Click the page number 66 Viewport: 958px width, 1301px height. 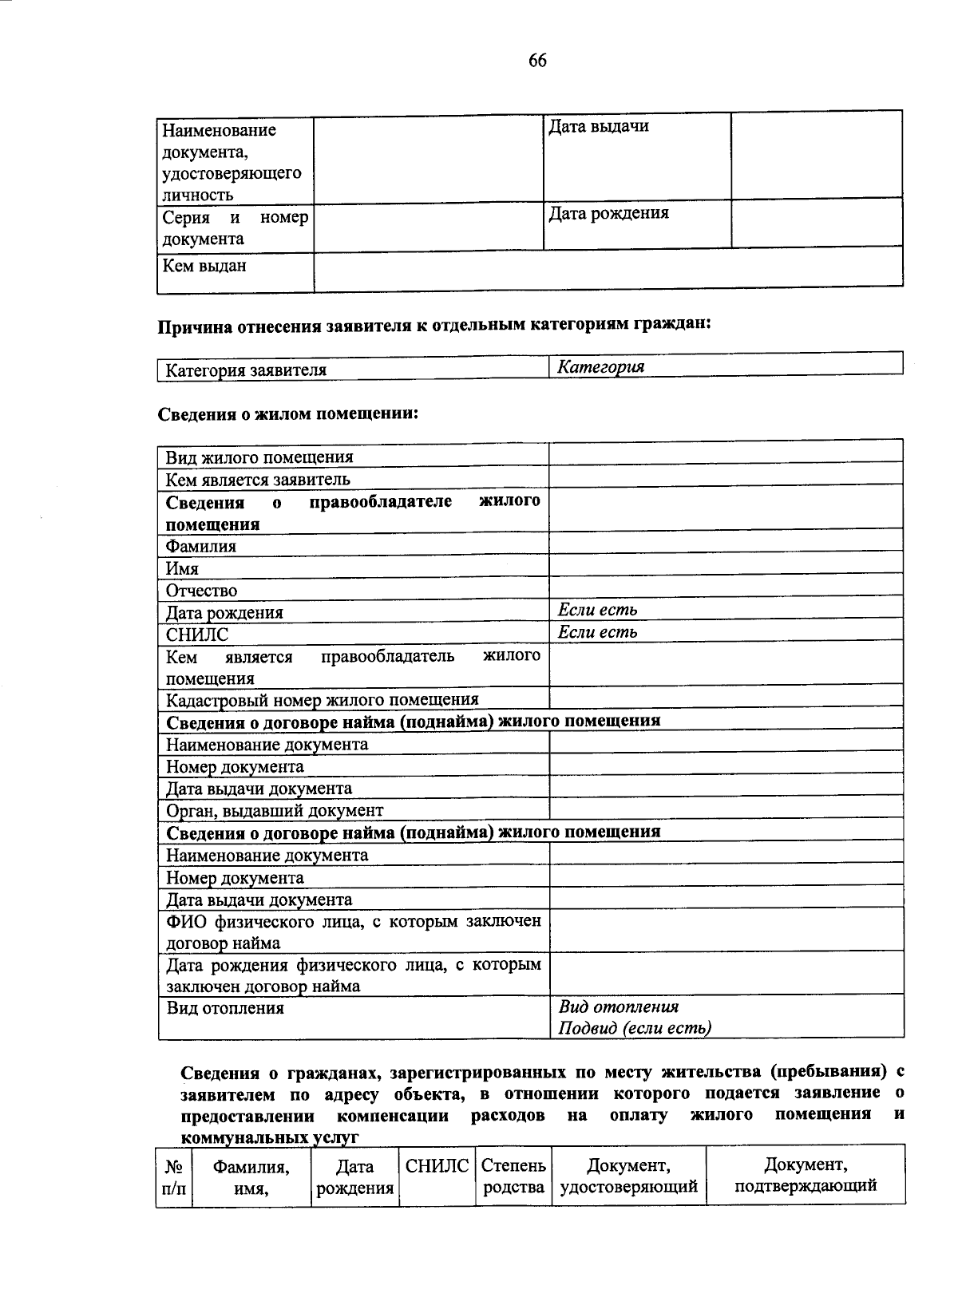(537, 61)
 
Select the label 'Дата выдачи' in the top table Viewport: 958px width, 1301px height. (598, 126)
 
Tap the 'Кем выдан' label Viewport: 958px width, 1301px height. (204, 266)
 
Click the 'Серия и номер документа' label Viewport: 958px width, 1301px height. (235, 228)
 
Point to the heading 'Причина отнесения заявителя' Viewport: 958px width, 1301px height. (433, 326)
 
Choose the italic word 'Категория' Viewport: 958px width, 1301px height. (601, 367)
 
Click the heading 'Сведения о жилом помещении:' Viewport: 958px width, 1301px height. (288, 413)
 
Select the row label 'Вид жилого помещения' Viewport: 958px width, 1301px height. (259, 457)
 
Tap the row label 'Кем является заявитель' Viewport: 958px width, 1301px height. (258, 480)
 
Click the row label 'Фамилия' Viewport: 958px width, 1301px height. (201, 547)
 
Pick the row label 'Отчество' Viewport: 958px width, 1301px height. (202, 591)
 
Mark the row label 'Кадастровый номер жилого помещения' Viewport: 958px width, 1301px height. (322, 700)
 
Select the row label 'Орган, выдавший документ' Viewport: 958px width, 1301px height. (275, 810)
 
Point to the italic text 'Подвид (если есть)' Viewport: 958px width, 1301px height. (635, 1028)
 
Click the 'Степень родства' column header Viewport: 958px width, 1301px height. (514, 1176)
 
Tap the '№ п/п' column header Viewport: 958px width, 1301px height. (173, 1176)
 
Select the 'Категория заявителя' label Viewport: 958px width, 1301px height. (246, 370)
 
